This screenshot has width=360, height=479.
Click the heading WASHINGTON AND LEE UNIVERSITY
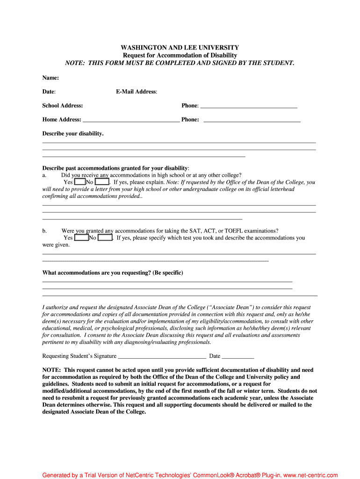tap(180, 48)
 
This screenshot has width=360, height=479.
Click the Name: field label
tap(50, 78)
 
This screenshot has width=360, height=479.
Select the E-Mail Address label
tap(137, 92)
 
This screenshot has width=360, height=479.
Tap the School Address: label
tap(63, 106)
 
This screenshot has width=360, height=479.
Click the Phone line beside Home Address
tap(252, 120)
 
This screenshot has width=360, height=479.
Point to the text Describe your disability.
tap(73, 134)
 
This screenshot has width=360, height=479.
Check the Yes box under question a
tap(80, 182)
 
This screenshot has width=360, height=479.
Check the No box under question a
tap(102, 182)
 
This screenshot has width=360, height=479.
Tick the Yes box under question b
tap(81, 238)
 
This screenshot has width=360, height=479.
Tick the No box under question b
tap(105, 238)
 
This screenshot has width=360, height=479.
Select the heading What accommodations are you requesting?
tap(113, 273)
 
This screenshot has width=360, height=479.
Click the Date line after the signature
tap(238, 356)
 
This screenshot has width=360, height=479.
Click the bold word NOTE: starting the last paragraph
tap(51, 370)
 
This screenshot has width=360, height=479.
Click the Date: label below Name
tap(49, 92)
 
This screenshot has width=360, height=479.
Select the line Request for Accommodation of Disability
tap(180, 55)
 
